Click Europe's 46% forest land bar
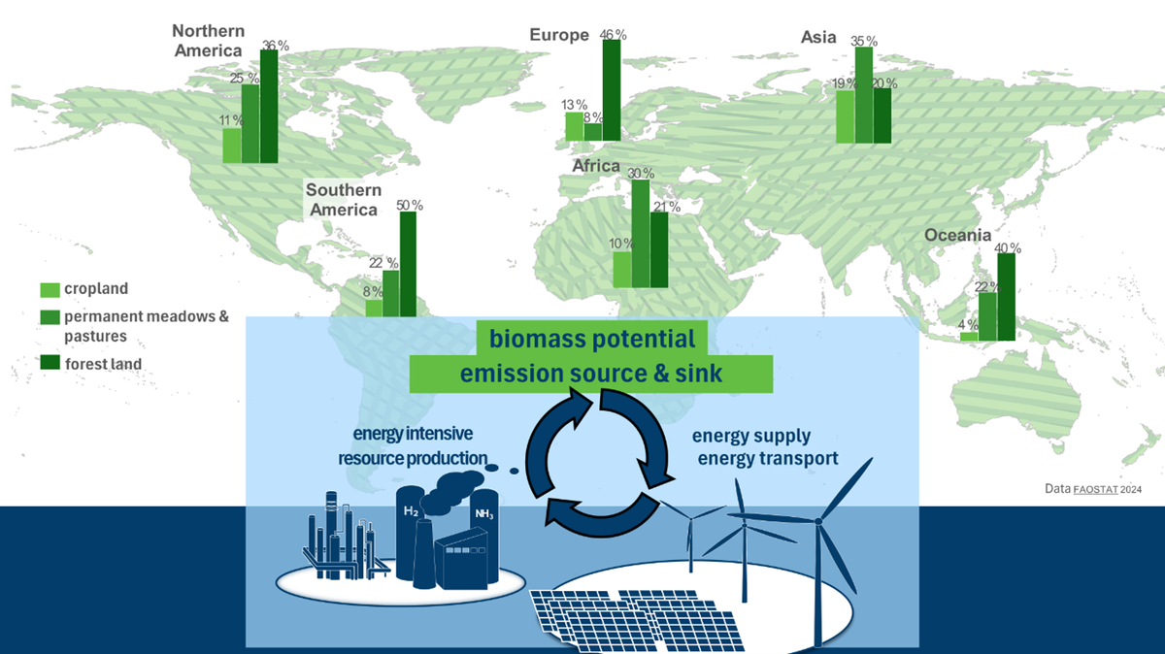612,90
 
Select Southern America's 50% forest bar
408,264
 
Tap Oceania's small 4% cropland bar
969,337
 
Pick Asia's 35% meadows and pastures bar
864,95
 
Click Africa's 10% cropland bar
622,270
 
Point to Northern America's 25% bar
250,124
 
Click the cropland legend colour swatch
50,290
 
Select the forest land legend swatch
50,362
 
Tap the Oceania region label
957,235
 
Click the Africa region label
596,166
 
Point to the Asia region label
818,38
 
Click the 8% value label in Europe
593,117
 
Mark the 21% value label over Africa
667,207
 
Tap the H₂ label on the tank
411,511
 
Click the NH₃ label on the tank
483,514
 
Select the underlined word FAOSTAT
1095,489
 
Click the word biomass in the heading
537,339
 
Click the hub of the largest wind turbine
818,521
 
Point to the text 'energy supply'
751,436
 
